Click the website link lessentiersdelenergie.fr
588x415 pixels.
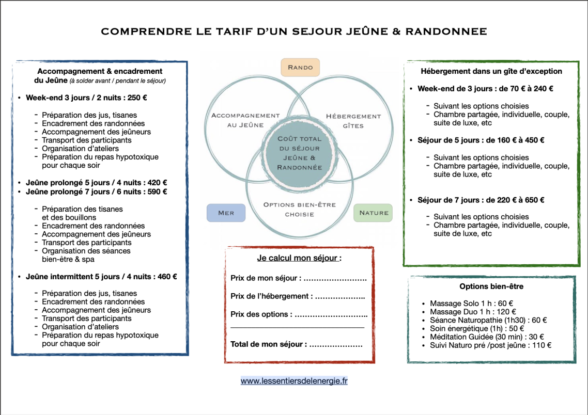[294, 381]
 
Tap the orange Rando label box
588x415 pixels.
[300, 68]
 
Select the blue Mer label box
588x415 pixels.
[226, 213]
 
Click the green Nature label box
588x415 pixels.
[374, 213]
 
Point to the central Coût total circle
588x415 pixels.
[300, 153]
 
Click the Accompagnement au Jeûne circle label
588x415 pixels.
[245, 120]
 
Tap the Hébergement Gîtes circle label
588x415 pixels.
[353, 121]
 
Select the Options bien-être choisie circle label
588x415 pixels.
[299, 209]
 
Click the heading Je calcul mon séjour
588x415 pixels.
[299, 258]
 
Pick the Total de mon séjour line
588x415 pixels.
[296, 344]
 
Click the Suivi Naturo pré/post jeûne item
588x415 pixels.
[490, 345]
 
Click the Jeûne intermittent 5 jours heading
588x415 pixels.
[101, 277]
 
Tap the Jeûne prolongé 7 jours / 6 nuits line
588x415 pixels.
[97, 191]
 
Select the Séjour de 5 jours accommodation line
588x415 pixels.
[481, 140]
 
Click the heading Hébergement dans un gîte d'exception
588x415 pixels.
[491, 71]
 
